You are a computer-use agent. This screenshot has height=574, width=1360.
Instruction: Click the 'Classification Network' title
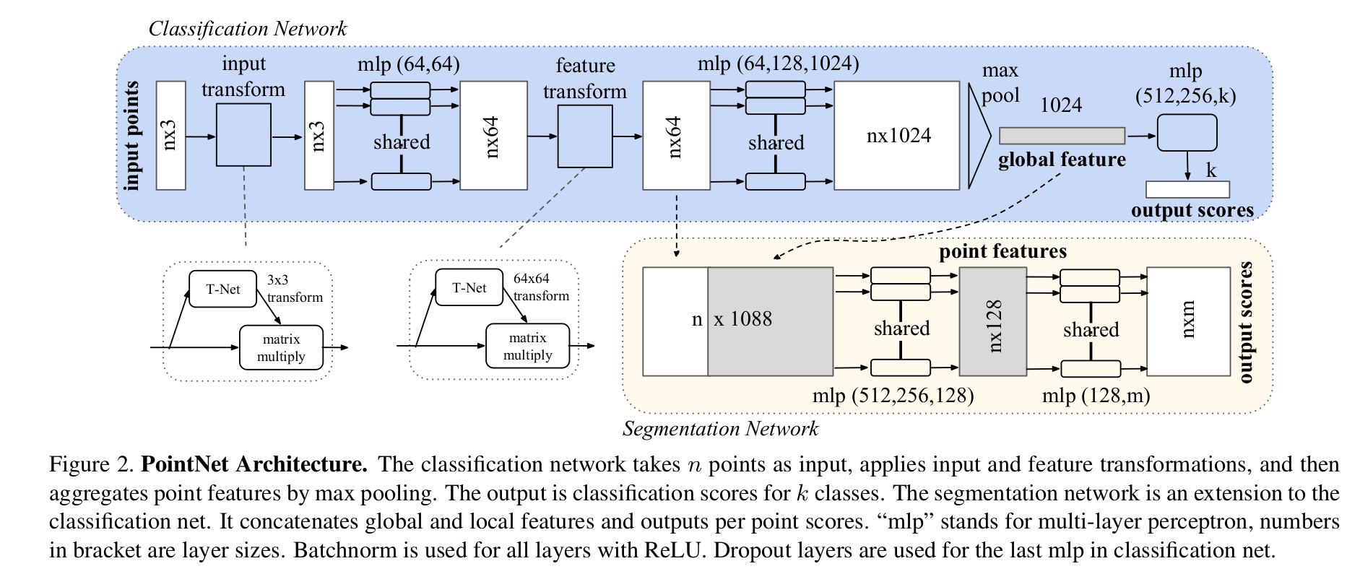click(x=247, y=29)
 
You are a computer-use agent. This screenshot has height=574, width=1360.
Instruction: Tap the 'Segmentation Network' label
click(x=720, y=429)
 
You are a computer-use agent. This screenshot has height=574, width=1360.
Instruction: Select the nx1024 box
click(x=897, y=136)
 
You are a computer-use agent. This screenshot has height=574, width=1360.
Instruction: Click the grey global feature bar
click(x=1061, y=136)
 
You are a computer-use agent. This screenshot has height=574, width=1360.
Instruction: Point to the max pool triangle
click(x=978, y=136)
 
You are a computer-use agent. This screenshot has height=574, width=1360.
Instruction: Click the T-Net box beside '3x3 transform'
click(x=222, y=289)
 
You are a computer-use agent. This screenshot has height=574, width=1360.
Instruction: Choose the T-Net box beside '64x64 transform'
click(x=469, y=287)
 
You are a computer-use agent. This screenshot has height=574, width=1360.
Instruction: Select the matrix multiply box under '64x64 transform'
click(x=527, y=347)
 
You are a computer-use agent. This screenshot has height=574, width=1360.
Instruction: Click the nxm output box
click(x=1188, y=321)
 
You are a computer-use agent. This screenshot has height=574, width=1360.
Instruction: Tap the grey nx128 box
click(x=993, y=321)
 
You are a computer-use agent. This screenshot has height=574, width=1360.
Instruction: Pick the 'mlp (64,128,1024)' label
click(x=778, y=64)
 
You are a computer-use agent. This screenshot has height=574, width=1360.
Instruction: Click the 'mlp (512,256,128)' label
click(x=893, y=396)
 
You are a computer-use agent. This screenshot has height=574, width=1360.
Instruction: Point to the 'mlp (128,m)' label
click(x=1096, y=396)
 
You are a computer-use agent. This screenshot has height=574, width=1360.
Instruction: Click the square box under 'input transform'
click(x=244, y=135)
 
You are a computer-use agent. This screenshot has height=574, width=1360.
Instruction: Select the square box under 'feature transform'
click(x=585, y=136)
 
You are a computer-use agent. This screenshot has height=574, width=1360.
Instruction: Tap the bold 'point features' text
click(x=1002, y=251)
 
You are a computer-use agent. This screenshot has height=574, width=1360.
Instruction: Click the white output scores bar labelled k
click(x=1187, y=189)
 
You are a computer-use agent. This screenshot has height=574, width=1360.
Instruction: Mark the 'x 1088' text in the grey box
click(x=742, y=319)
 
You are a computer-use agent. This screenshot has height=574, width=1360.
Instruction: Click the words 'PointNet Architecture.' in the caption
click(x=254, y=464)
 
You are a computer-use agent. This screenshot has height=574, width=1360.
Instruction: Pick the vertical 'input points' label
click(x=133, y=136)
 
